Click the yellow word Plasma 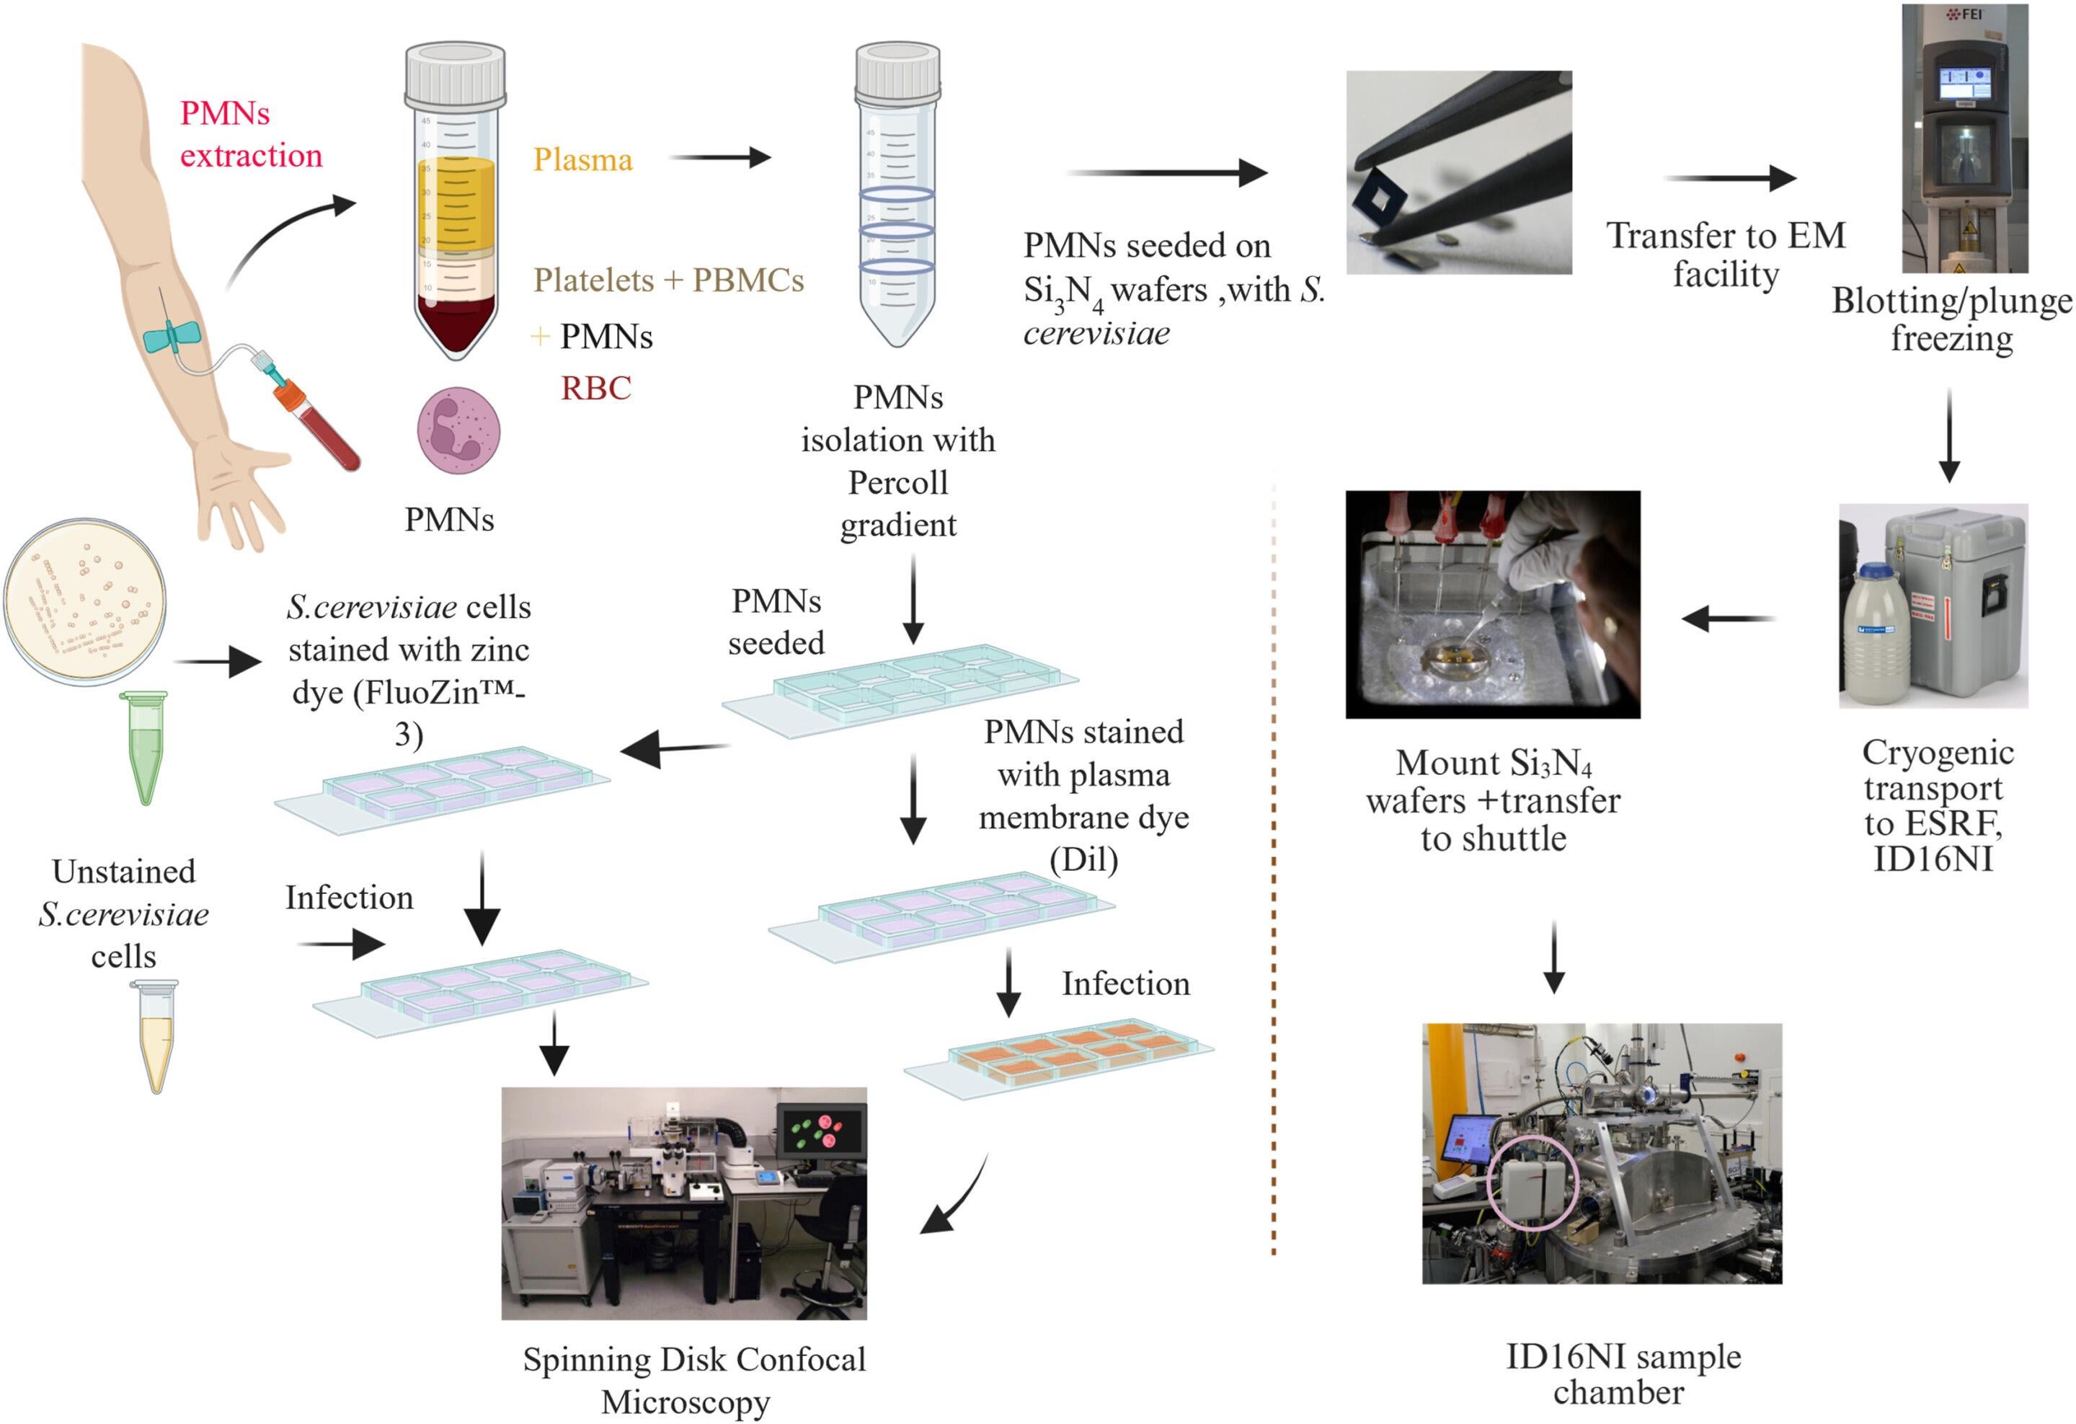(582, 160)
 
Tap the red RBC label (596, 388)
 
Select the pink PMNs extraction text (251, 134)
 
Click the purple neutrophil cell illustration (458, 431)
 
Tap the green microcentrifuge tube (146, 748)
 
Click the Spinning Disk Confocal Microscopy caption (693, 1379)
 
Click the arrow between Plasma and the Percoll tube (720, 158)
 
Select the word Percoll (897, 482)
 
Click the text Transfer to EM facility (1726, 255)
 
